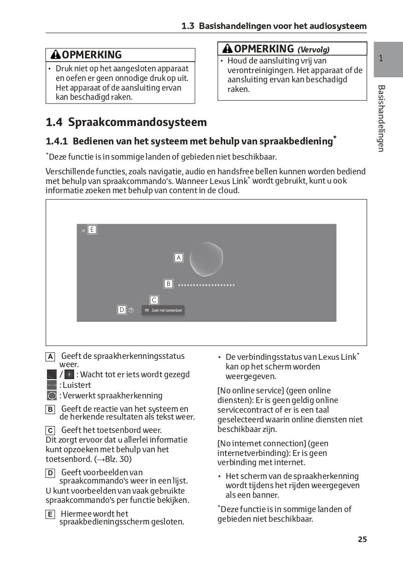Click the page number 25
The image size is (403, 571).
(x=362, y=539)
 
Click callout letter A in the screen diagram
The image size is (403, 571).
(x=179, y=258)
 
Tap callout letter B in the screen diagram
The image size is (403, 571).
(x=169, y=284)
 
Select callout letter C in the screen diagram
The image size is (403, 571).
(x=154, y=300)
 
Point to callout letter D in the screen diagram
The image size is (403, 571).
(x=122, y=310)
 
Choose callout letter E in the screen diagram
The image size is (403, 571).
(x=92, y=230)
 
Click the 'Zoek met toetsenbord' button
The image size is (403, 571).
(x=163, y=311)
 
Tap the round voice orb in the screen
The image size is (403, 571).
(x=206, y=259)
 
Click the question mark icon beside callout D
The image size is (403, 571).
(x=131, y=311)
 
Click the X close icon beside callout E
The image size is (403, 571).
(x=83, y=231)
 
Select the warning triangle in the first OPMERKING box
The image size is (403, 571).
(x=55, y=55)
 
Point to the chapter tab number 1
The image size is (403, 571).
(x=381, y=58)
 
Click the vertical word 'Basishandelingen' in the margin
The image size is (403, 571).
(x=381, y=118)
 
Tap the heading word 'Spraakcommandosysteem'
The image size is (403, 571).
(x=137, y=122)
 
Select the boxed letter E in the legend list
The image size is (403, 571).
(x=50, y=514)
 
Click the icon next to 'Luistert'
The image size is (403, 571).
(x=52, y=385)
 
